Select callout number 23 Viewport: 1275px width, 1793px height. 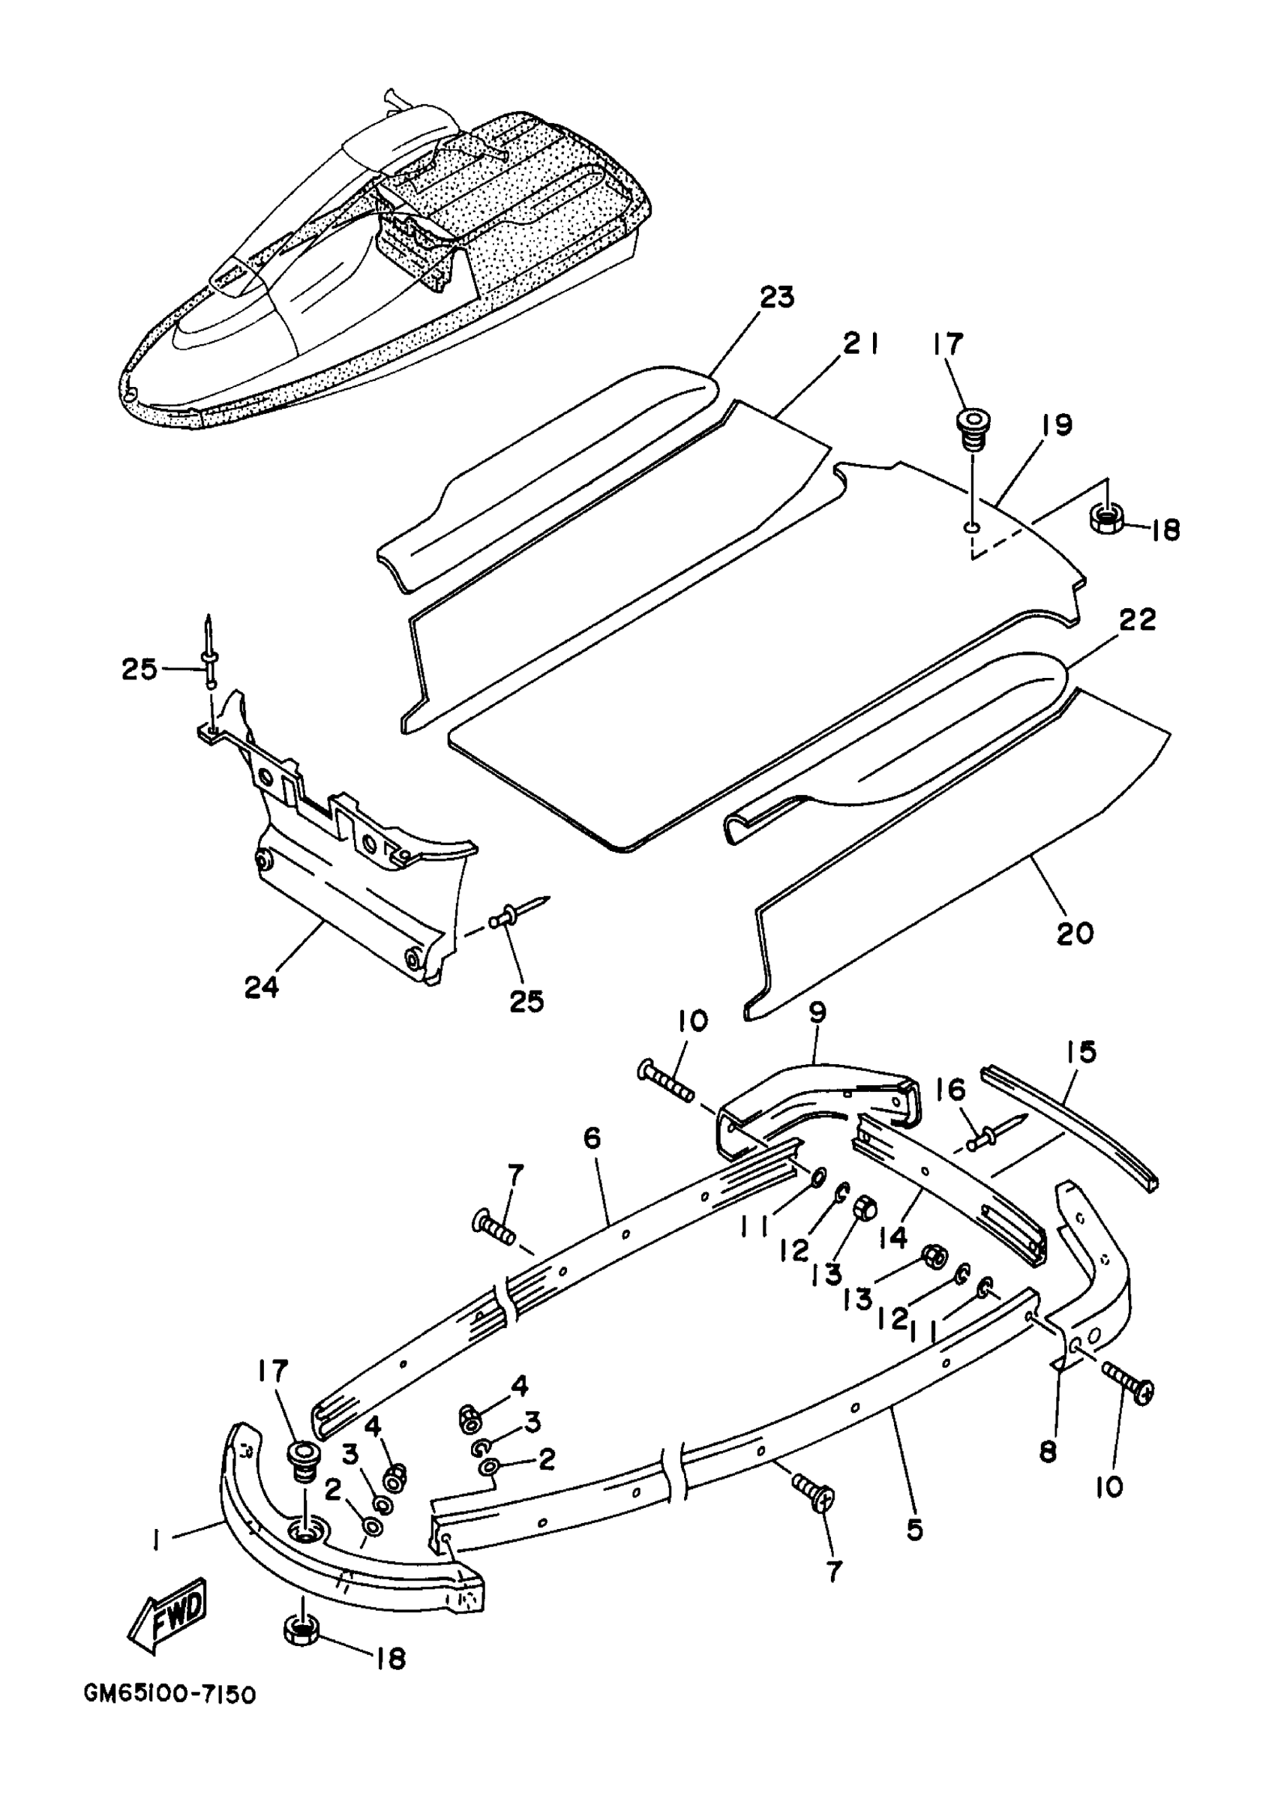[x=776, y=298]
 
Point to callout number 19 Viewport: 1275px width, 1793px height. [x=1057, y=424]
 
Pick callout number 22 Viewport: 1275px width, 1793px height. [x=1137, y=620]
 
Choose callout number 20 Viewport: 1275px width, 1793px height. [x=1075, y=934]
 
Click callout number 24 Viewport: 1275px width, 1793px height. [x=262, y=988]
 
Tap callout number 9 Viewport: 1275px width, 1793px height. [x=817, y=1012]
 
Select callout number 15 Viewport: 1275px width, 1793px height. [x=1081, y=1052]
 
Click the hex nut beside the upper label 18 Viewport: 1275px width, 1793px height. [x=1105, y=518]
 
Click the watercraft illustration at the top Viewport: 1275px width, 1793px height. [x=385, y=259]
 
